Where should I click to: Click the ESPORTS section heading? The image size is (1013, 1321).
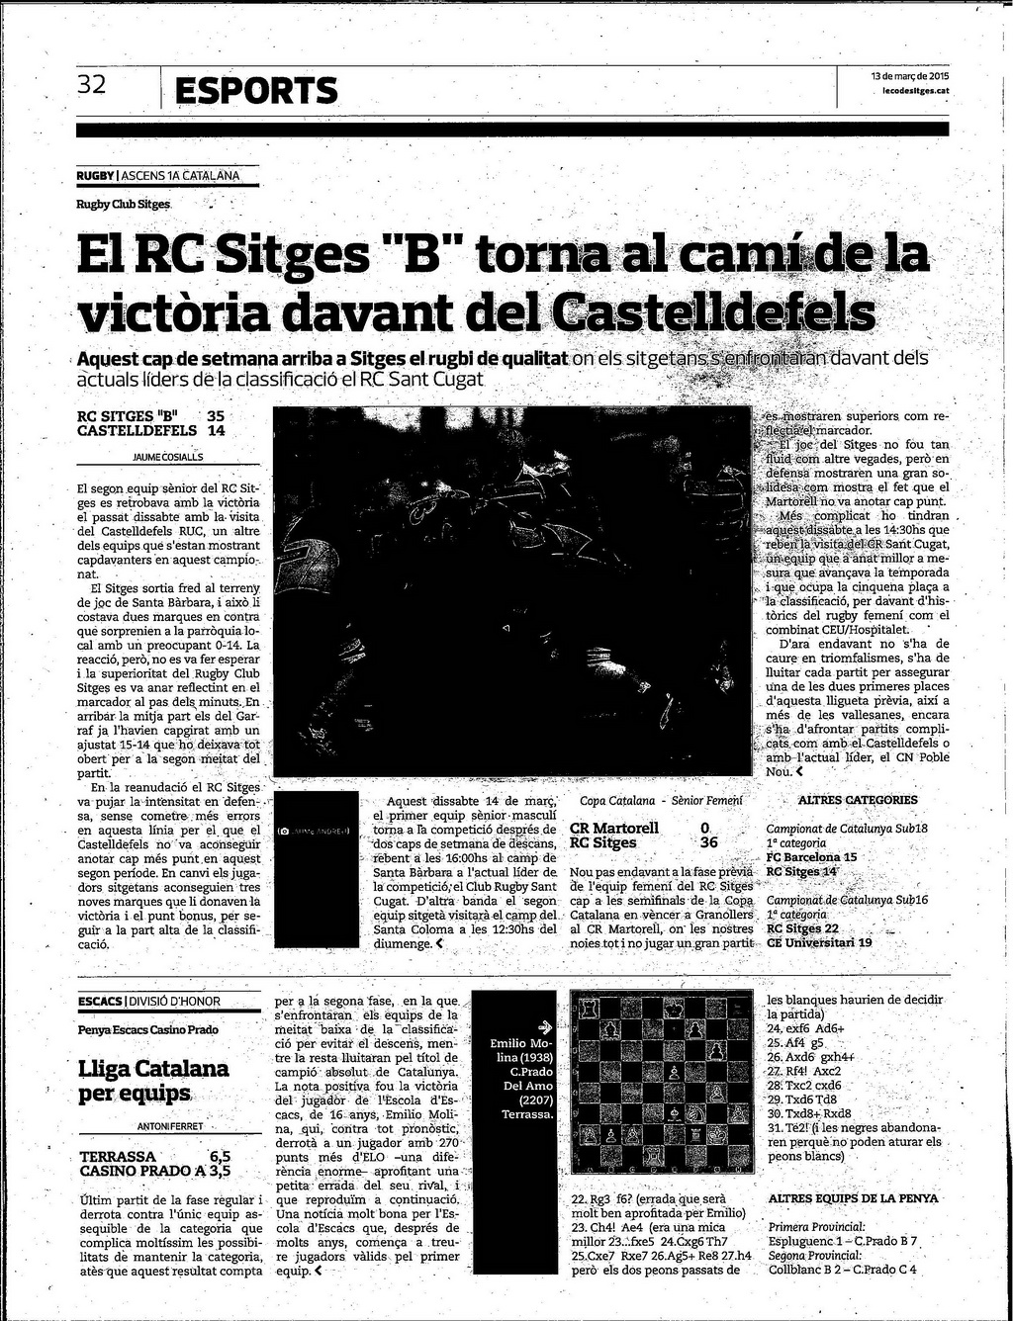click(256, 91)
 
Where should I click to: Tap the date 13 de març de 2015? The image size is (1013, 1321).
click(909, 76)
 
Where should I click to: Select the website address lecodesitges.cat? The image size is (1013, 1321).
click(916, 90)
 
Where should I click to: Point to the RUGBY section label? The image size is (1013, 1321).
click(95, 176)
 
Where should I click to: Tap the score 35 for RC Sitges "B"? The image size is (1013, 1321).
click(216, 416)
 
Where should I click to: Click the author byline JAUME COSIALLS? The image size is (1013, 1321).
click(167, 458)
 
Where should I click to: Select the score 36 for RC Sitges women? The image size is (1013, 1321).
click(708, 843)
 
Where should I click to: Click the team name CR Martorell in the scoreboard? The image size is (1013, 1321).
click(613, 828)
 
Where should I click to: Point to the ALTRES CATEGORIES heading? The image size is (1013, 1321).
click(857, 800)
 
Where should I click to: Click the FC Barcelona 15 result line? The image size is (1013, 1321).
click(811, 857)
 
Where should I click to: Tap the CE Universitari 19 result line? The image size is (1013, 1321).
click(819, 942)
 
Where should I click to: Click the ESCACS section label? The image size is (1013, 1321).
click(100, 1002)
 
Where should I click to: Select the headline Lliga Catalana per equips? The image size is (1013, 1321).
click(153, 1080)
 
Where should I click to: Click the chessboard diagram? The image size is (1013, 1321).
click(663, 1085)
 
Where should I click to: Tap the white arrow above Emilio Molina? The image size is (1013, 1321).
click(542, 1025)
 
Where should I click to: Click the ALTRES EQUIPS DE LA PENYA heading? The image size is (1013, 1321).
click(853, 1199)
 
